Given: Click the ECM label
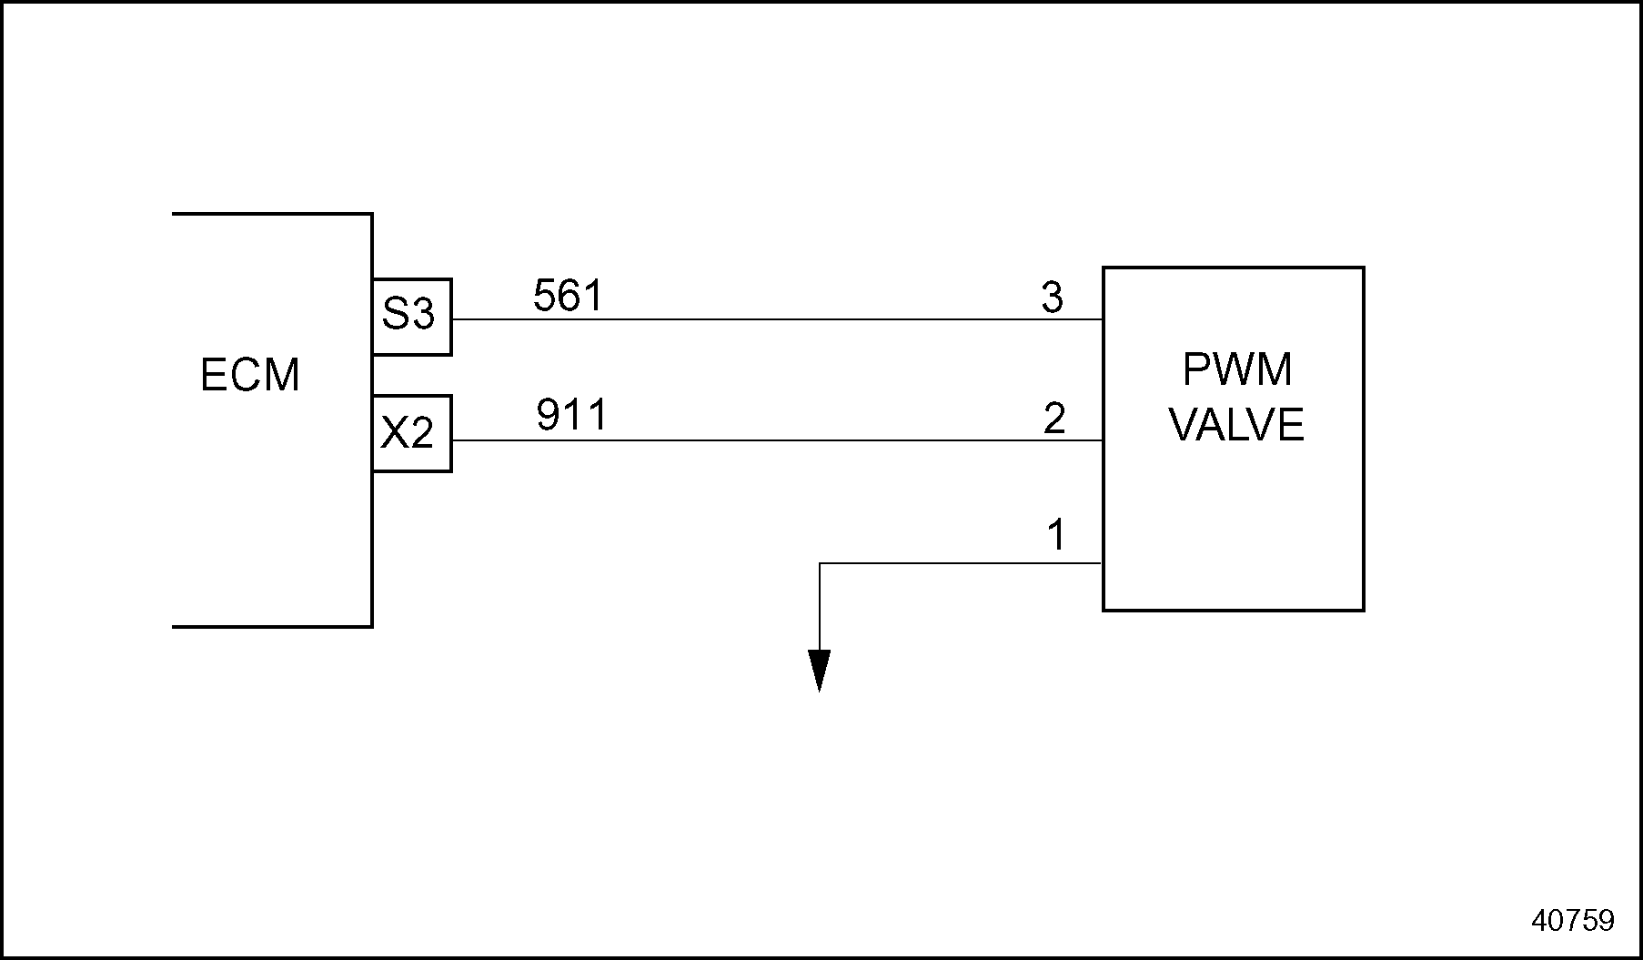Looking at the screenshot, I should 249,375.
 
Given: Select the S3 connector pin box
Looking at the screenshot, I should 411,316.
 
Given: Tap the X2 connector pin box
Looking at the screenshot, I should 411,433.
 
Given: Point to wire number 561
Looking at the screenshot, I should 568,296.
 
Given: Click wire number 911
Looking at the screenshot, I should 571,416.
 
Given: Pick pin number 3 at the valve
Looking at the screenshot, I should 1052,298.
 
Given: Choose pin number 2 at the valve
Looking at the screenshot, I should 1053,419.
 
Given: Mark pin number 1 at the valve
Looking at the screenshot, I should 1055,535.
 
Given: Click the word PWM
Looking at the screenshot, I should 1237,369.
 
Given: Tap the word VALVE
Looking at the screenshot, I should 1236,425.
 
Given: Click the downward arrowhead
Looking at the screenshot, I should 820,672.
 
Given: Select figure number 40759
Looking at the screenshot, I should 1573,920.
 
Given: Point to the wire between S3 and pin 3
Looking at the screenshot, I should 773,319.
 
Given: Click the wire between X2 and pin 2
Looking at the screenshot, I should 773,440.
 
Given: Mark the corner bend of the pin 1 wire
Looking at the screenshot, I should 821,564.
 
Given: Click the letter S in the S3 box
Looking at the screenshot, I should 396,315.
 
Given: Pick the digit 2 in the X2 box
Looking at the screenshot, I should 421,433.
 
